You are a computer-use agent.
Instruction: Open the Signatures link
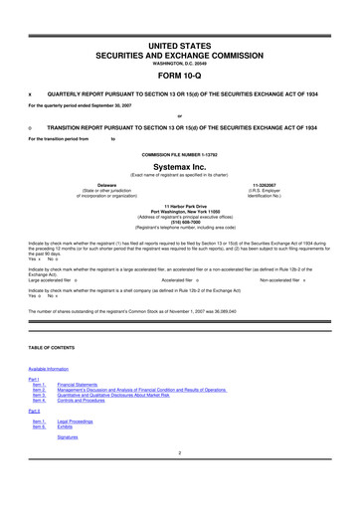[68, 436]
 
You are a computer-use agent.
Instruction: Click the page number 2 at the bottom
[180, 454]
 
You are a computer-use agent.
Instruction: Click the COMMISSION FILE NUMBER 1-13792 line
[180, 155]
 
